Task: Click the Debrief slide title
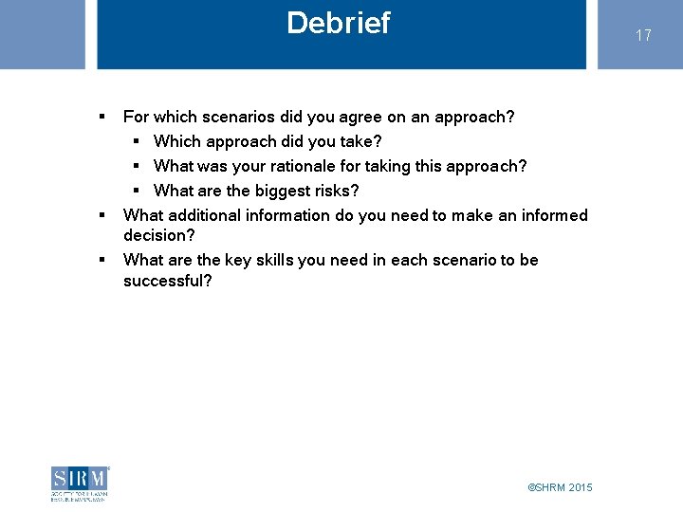tap(338, 23)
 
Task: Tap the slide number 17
tap(643, 35)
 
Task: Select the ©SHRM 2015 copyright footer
tap(560, 487)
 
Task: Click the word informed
tap(555, 215)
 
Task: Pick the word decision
tap(157, 235)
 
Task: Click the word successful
tap(167, 281)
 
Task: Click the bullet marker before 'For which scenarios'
tap(101, 117)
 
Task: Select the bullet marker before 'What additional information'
tap(101, 215)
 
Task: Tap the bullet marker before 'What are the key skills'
tap(101, 260)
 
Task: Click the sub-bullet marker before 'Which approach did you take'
tap(137, 141)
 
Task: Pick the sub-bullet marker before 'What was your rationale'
tap(137, 166)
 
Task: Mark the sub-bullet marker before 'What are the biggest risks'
tap(137, 191)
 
